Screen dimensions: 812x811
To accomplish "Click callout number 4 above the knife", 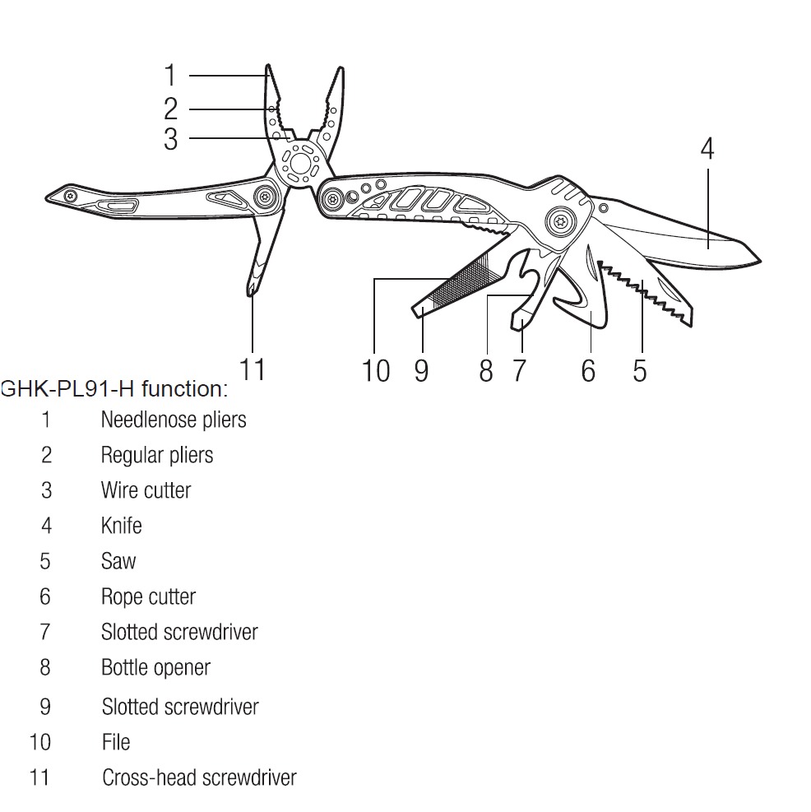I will [707, 149].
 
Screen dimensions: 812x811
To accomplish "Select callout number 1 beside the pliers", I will [170, 76].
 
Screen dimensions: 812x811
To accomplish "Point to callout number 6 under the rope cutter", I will [587, 370].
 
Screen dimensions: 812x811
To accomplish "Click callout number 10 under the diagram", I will [376, 370].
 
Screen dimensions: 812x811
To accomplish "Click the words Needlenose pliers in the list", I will [173, 420].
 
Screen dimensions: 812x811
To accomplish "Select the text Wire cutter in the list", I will [146, 490].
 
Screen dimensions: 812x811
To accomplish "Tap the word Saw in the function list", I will [118, 561].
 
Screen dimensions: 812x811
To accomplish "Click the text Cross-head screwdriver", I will [199, 777].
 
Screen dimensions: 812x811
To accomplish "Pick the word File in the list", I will [116, 742].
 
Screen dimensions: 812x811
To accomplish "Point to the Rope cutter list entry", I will [148, 596].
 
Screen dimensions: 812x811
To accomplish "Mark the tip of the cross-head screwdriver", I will [250, 290].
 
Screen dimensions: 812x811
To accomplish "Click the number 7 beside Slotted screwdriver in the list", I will [45, 632].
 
